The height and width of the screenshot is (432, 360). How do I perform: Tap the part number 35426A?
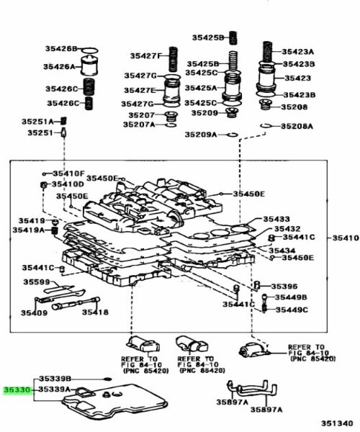pyautogui.click(x=60, y=66)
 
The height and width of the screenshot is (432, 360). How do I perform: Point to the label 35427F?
pyautogui.click(x=144, y=55)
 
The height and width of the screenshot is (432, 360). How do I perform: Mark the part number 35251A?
pyautogui.click(x=42, y=121)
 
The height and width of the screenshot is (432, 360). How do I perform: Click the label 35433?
pyautogui.click(x=276, y=218)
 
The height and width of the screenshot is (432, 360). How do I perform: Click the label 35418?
pyautogui.click(x=95, y=312)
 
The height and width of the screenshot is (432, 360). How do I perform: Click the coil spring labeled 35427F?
pyautogui.click(x=172, y=55)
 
